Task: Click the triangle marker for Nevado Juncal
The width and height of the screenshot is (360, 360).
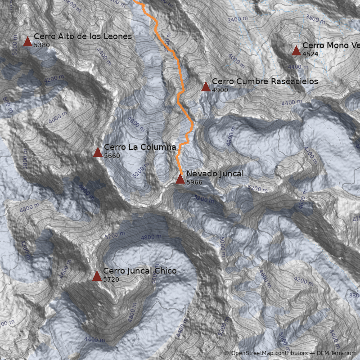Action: coord(180,179)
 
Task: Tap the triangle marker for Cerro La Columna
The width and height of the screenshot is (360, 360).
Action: coord(98,153)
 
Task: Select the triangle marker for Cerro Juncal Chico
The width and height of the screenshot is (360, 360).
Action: coord(97,276)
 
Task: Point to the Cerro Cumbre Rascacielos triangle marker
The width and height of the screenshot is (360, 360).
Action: coord(206,86)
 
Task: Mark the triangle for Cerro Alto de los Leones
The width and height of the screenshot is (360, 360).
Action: coord(27,42)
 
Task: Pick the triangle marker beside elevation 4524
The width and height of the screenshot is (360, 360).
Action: coord(296,50)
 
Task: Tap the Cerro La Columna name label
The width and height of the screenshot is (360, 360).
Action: coord(139,147)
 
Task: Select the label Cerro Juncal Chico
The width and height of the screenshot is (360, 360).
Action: coord(139,271)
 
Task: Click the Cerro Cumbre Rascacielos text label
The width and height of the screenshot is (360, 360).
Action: coord(265,81)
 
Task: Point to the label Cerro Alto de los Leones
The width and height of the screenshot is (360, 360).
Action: coord(82,36)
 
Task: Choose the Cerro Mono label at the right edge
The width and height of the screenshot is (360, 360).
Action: coord(331,45)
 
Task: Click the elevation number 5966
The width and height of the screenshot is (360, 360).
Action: coord(194,182)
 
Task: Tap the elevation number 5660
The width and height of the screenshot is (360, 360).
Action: coord(112,156)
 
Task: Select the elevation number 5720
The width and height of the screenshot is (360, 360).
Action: coord(111,279)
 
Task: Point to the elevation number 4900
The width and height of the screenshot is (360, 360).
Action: coord(220,90)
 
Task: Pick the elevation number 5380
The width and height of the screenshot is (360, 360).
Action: coord(41,45)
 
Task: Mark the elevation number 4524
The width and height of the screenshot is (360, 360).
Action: coord(310,54)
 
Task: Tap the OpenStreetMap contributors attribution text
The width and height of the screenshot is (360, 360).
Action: coord(269,354)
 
